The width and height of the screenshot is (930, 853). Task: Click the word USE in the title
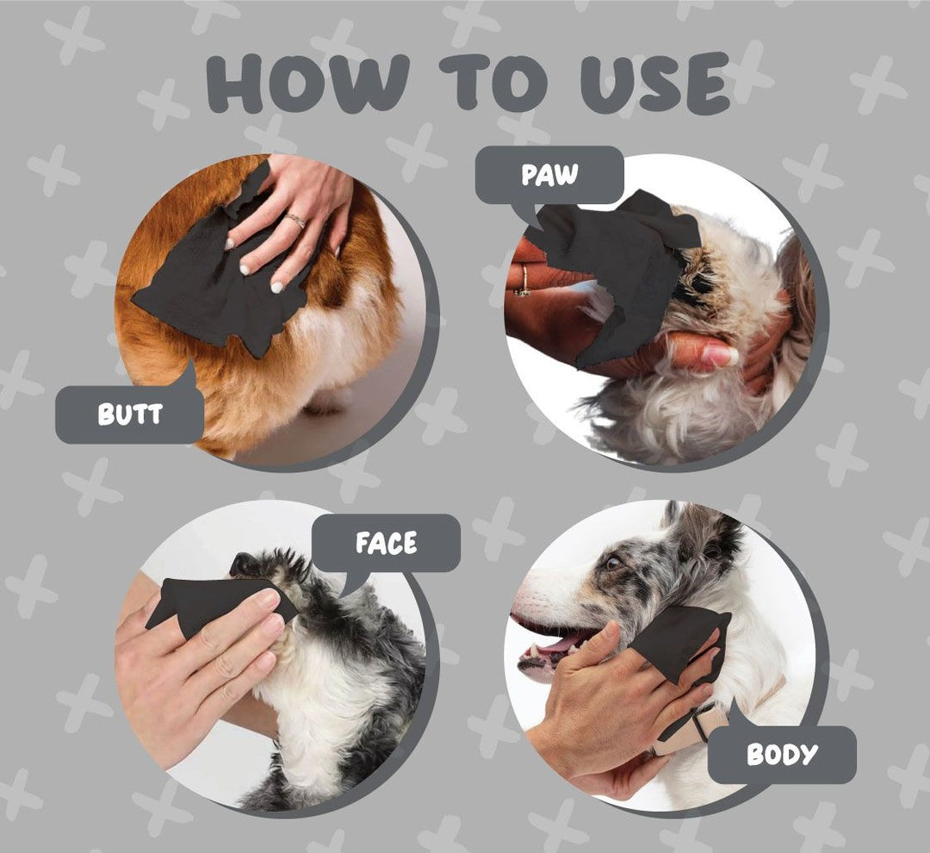point(654,83)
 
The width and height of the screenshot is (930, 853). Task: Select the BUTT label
point(129,414)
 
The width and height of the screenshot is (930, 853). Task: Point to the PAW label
point(549,175)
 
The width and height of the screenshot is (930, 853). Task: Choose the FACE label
point(386,543)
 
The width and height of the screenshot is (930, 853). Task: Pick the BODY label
point(782,754)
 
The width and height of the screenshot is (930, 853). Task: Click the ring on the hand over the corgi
point(295,221)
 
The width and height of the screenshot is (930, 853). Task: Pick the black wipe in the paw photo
point(617,261)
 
